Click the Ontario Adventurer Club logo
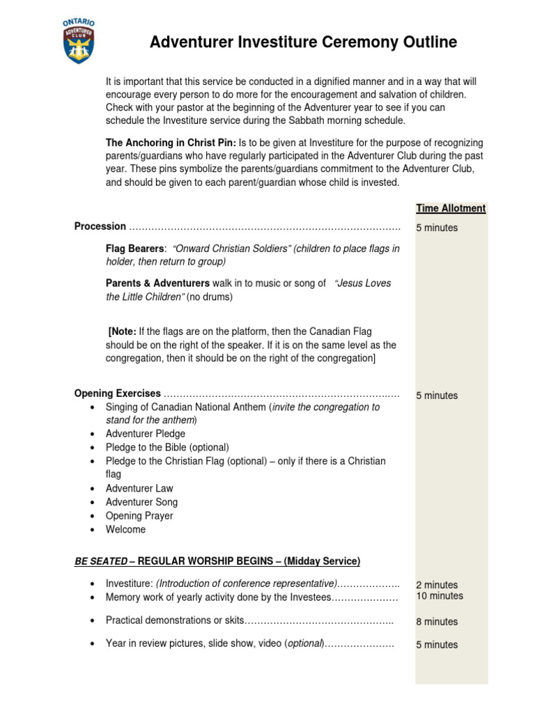78,42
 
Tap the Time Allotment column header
451,208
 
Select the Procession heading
100,226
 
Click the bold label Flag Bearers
135,249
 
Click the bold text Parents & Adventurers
157,283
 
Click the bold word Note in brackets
123,331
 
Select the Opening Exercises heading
117,393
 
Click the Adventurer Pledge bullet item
145,434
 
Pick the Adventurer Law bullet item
139,489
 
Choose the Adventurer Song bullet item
141,502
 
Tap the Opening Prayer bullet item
139,516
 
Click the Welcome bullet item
125,529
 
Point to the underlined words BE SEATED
100,561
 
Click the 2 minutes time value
437,585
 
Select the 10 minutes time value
440,596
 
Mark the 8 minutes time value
437,622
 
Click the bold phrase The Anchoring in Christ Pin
171,142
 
